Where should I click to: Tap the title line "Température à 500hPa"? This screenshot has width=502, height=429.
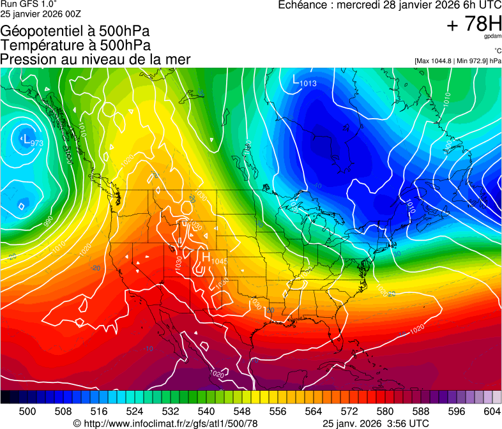tap(76, 45)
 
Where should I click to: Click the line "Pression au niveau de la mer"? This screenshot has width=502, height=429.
tap(96, 59)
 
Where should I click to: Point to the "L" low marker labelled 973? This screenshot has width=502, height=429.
tap(26, 138)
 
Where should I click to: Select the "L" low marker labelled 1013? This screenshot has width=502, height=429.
tap(295, 80)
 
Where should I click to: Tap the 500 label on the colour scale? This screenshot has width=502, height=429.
tap(27, 410)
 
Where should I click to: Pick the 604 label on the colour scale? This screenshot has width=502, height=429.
tap(492, 410)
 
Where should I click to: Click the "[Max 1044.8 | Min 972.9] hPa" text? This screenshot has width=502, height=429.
tap(457, 61)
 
